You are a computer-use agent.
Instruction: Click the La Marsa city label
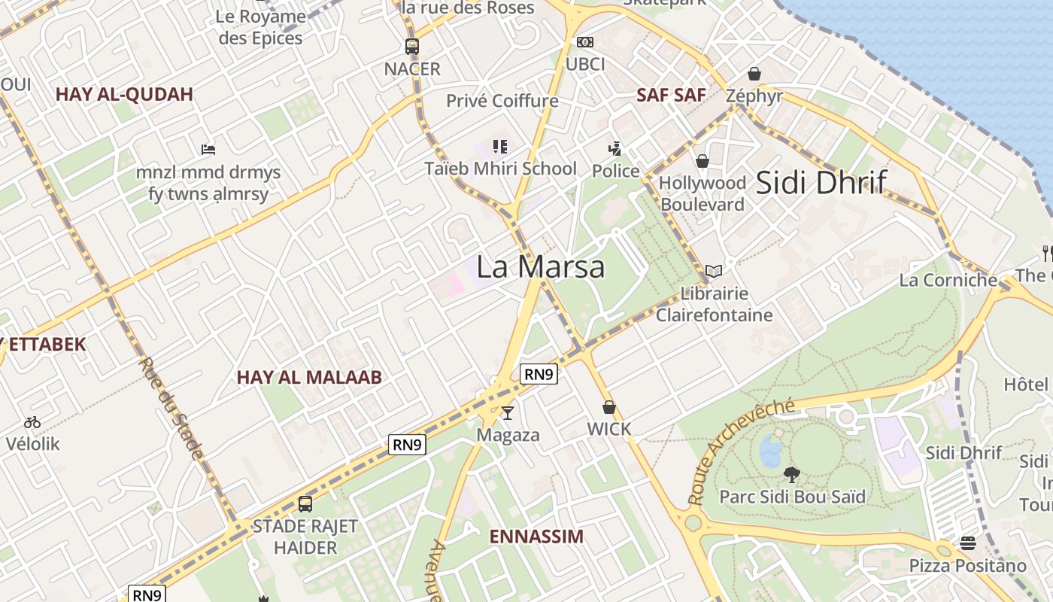[x=540, y=267]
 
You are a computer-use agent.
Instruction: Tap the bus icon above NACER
[x=411, y=46]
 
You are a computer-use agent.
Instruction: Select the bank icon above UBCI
[x=584, y=42]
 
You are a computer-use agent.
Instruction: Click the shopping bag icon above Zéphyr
[x=754, y=74]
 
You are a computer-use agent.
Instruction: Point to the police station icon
[x=615, y=148]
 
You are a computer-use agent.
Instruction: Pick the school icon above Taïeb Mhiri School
[x=500, y=146]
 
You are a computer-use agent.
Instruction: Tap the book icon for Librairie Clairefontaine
[x=713, y=271]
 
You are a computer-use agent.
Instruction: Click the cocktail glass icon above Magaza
[x=508, y=412]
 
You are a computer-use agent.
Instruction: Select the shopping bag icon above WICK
[x=608, y=407]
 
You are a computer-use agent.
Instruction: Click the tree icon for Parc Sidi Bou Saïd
[x=791, y=474]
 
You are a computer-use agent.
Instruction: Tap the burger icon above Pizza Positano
[x=967, y=543]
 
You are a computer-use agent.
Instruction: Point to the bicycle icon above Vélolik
[x=32, y=422]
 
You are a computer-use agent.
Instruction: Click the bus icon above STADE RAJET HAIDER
[x=305, y=503]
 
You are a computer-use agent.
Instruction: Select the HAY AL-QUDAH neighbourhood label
[x=124, y=94]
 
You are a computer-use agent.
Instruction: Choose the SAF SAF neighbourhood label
[x=671, y=95]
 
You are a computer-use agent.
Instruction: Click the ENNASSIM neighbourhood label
[x=536, y=537]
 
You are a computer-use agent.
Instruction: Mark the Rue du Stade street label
[x=171, y=408]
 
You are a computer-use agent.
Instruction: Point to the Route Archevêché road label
[x=740, y=451]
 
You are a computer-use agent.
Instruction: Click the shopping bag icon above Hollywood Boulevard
[x=702, y=161]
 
